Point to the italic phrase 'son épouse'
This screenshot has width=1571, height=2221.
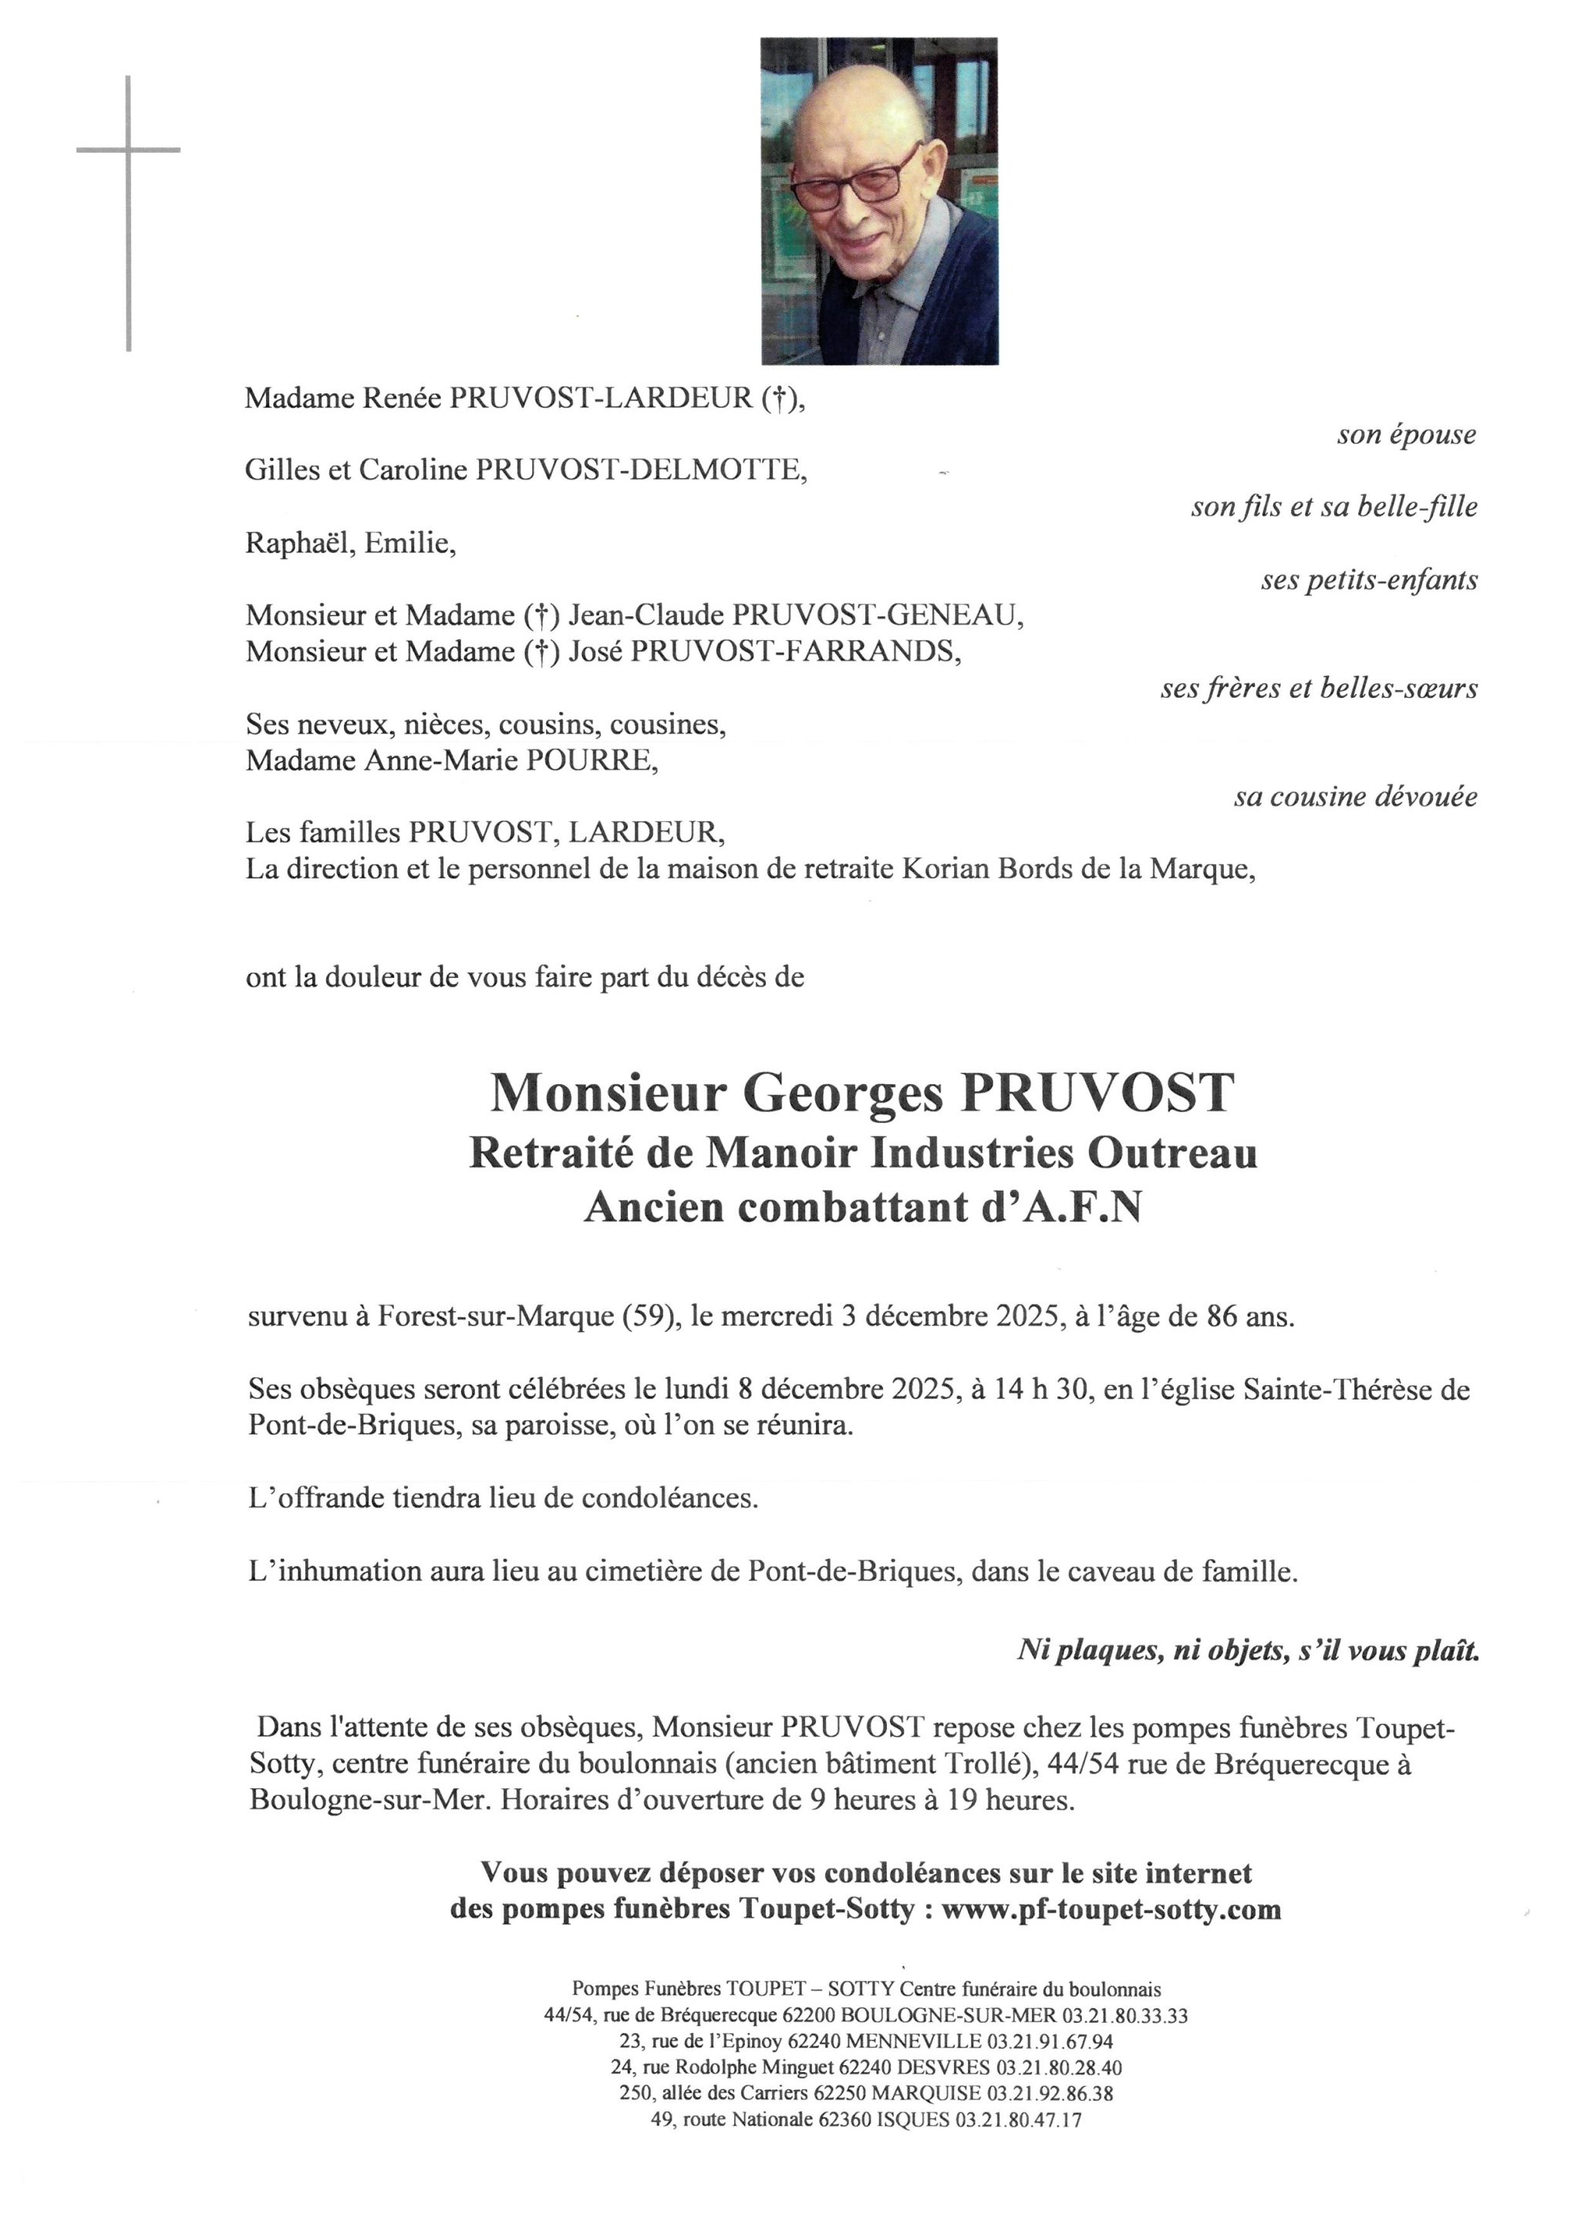point(1406,435)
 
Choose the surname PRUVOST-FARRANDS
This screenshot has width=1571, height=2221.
point(795,652)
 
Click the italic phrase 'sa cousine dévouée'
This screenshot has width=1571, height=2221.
point(1355,797)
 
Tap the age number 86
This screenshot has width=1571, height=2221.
point(1222,1316)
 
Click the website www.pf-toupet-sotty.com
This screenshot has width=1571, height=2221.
point(1111,1909)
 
